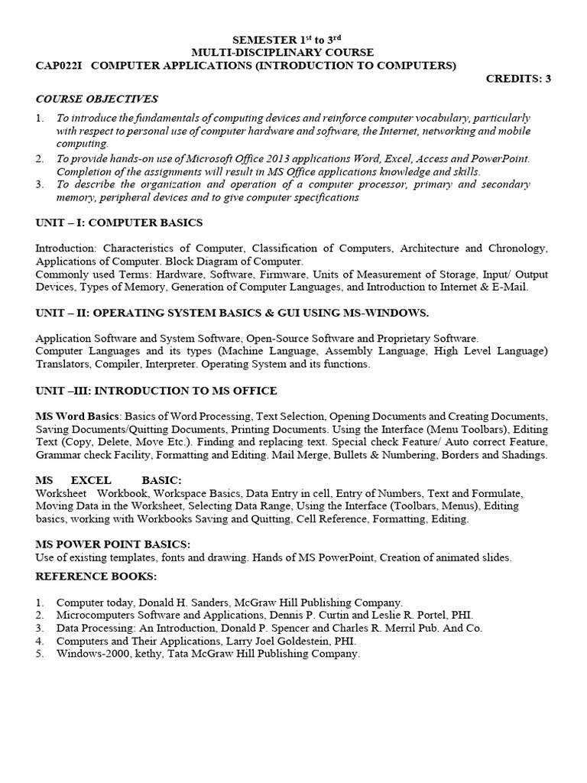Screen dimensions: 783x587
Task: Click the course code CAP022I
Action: point(57,66)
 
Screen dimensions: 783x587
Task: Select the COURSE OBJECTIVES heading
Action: point(96,99)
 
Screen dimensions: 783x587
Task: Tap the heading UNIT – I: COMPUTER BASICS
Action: point(118,223)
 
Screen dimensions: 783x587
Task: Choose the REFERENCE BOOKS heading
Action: point(96,575)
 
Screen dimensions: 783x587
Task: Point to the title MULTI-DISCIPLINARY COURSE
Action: point(293,52)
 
